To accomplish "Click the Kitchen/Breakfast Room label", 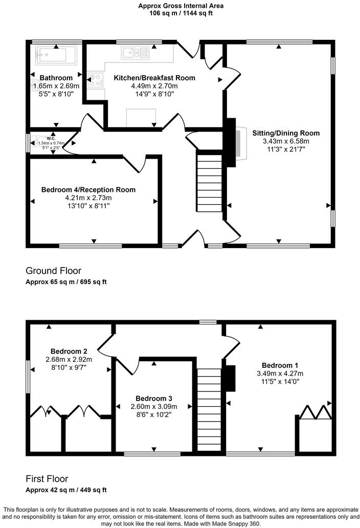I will (154, 78).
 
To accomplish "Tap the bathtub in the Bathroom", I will (53, 54).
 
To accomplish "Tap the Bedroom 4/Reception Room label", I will (88, 189).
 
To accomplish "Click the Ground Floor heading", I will (53, 271).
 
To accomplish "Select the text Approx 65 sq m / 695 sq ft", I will (66, 282).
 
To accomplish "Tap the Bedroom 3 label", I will (153, 398).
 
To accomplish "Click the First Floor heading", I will (47, 479).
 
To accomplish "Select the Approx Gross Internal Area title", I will (181, 6).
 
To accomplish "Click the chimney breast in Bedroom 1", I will (231, 379).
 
